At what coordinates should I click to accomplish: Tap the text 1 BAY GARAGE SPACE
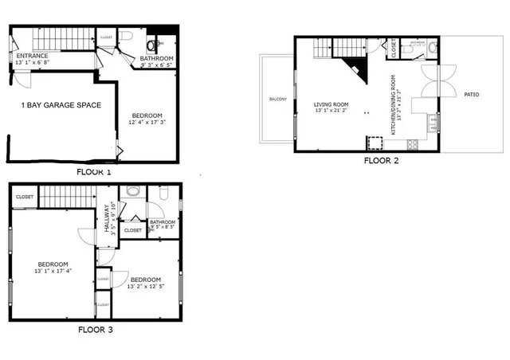click(61, 104)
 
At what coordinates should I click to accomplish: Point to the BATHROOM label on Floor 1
click(156, 58)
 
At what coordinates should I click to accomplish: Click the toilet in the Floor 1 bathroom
click(127, 36)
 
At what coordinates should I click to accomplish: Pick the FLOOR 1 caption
click(94, 171)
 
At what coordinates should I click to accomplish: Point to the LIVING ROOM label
click(332, 104)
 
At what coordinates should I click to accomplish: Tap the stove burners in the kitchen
click(414, 144)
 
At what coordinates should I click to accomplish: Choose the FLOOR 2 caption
click(381, 160)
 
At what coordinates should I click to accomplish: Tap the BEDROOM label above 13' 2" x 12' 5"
click(146, 279)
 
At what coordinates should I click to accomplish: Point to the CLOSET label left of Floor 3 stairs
click(24, 197)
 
